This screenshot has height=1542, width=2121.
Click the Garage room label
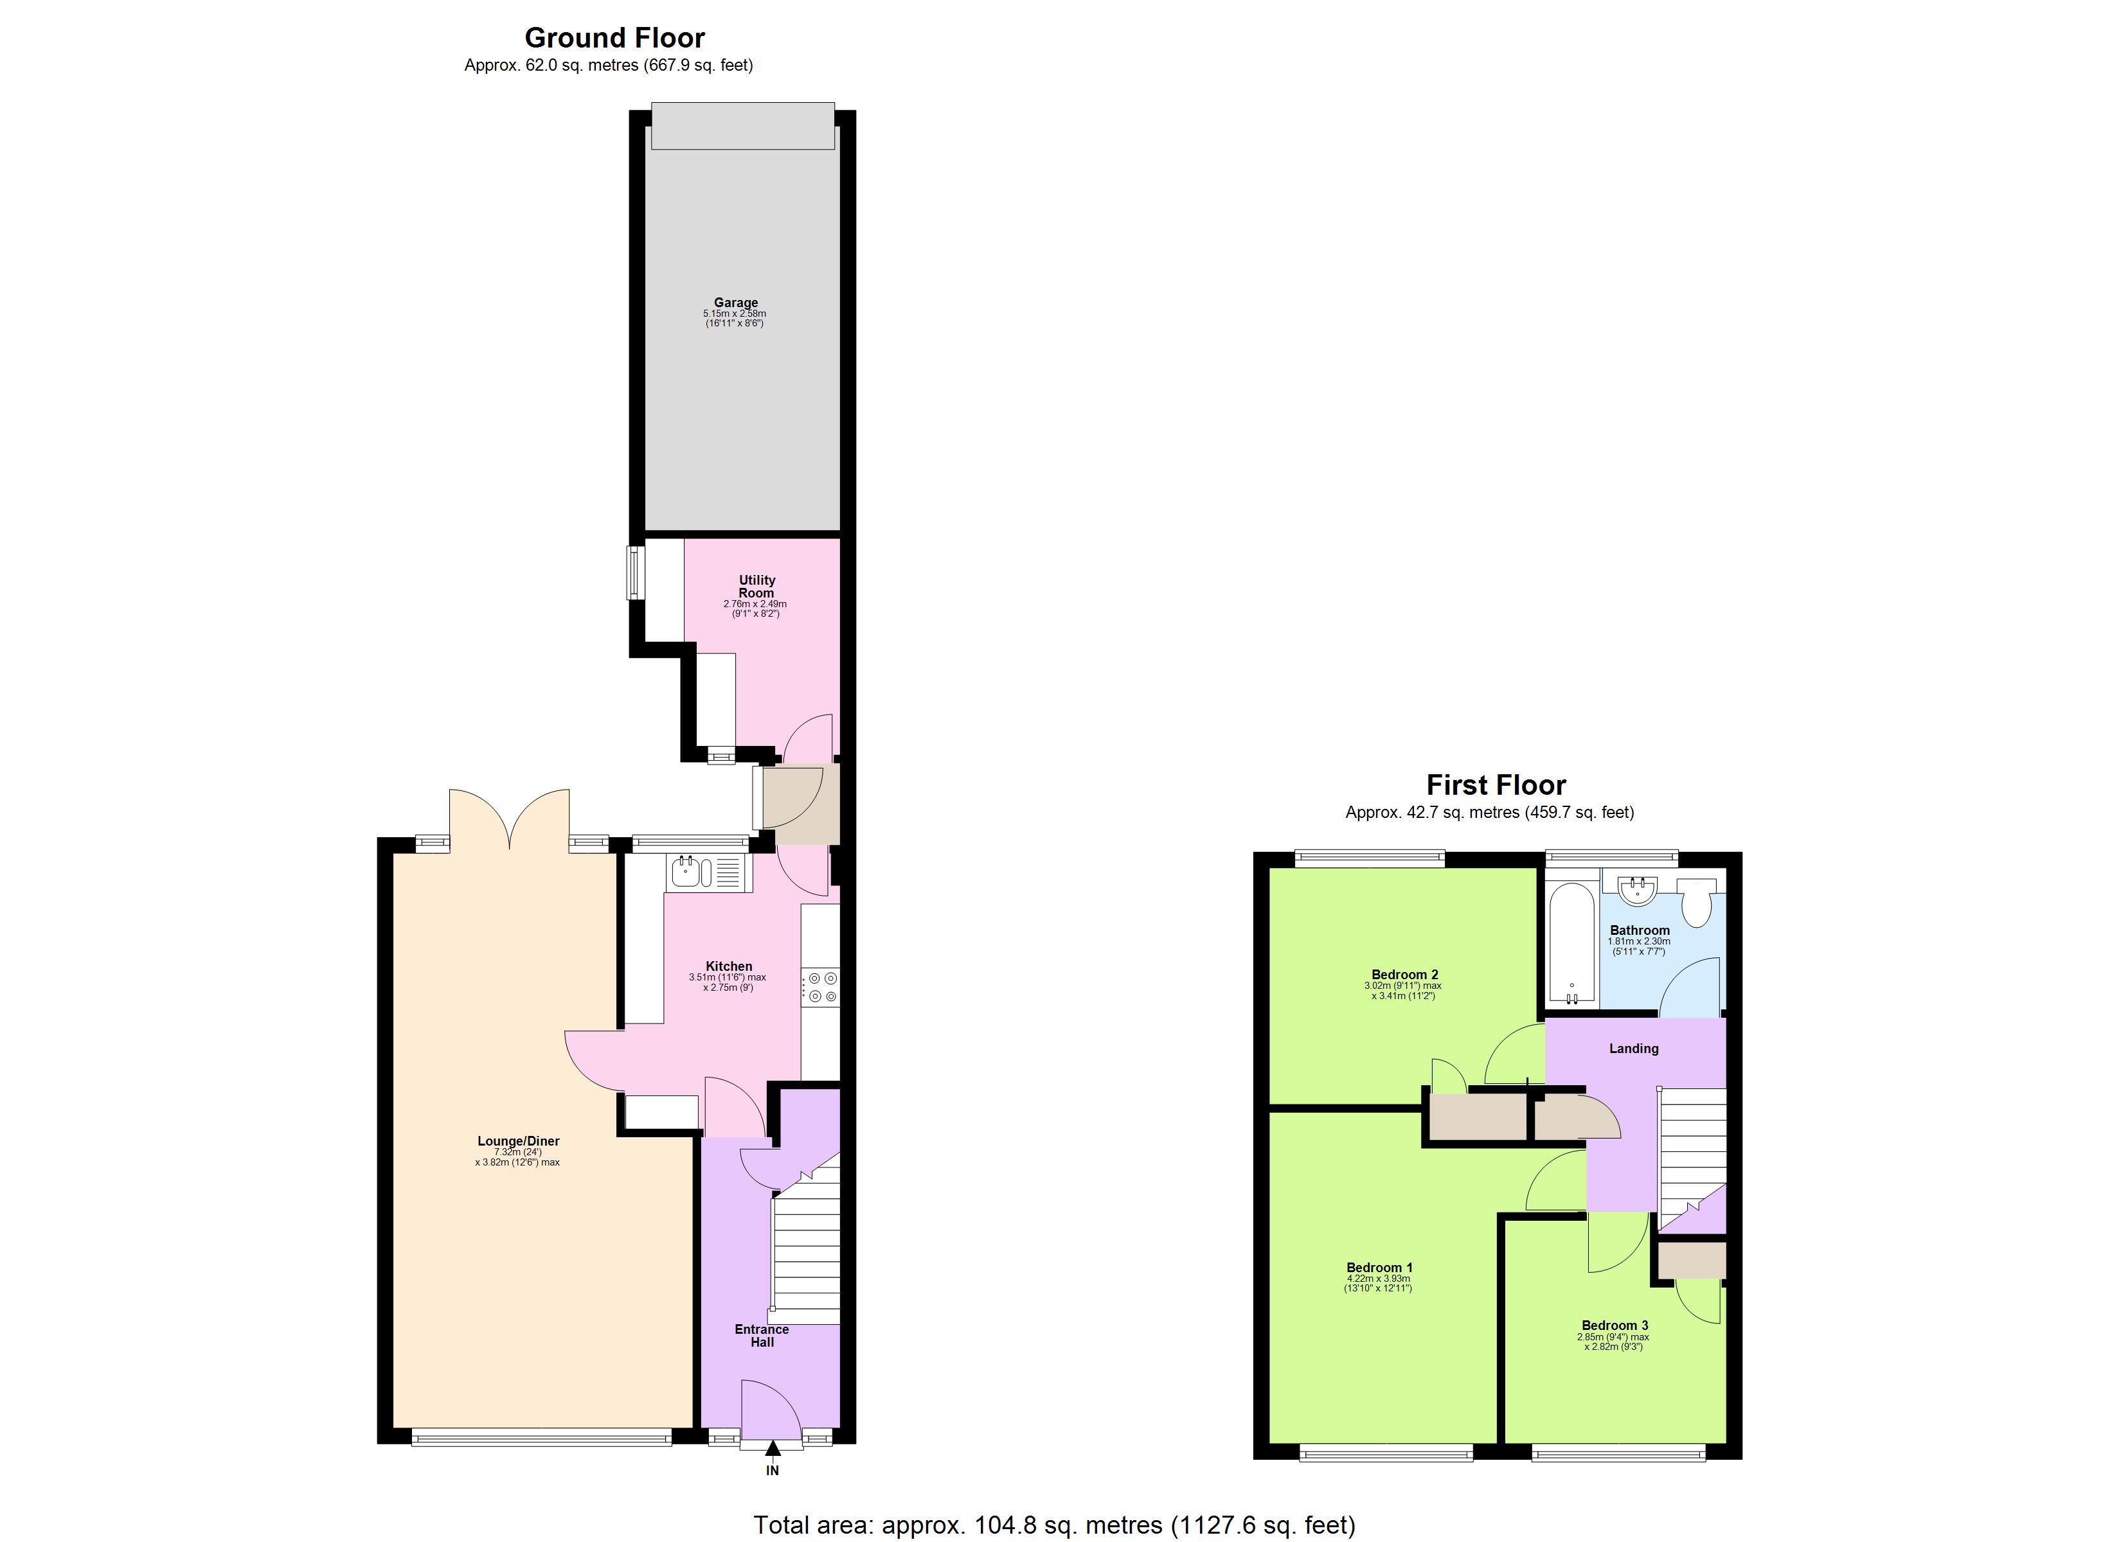pyautogui.click(x=735, y=302)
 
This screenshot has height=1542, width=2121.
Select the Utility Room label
pyautogui.click(x=756, y=587)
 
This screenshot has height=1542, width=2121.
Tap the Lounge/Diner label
pyautogui.click(x=518, y=1141)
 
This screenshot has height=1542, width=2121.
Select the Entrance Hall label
pyautogui.click(x=761, y=1335)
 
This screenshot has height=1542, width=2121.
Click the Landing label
pyautogui.click(x=1633, y=1049)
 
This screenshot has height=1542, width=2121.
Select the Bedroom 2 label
pyautogui.click(x=1404, y=973)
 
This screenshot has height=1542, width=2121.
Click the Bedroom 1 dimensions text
pyautogui.click(x=1377, y=1283)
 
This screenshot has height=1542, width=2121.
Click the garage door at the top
pyautogui.click(x=742, y=126)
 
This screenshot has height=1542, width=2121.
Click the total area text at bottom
pyautogui.click(x=1054, y=1524)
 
